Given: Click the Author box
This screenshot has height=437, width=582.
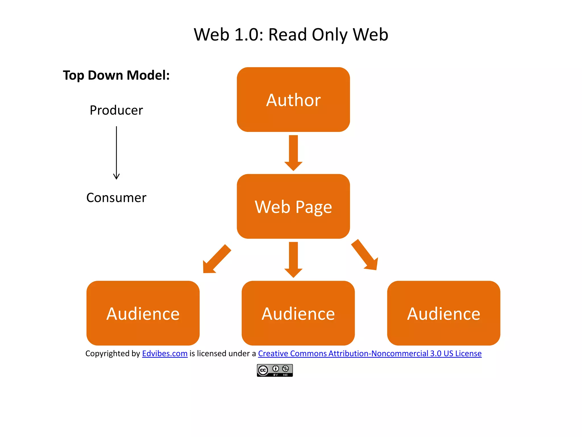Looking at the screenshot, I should click(293, 100).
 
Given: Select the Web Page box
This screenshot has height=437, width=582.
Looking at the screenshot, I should click(293, 206).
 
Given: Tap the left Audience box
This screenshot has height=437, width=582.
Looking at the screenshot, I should click(143, 313).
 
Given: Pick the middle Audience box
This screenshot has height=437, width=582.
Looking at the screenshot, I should click(298, 313).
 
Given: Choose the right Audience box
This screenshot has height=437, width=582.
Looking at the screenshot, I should click(444, 313).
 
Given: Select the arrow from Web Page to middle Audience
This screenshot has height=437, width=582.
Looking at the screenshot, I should click(293, 259).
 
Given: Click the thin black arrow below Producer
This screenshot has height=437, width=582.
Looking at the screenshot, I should click(116, 153).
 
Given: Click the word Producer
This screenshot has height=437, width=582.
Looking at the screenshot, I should click(116, 110).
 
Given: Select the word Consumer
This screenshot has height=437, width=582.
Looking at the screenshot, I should click(116, 197).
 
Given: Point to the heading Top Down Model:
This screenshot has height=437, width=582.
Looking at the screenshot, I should click(116, 75).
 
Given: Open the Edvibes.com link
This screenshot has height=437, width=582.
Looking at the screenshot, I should click(165, 353).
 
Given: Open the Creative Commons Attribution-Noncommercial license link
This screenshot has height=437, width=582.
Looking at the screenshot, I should click(370, 353).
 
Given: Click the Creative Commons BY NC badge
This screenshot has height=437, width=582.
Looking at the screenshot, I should click(275, 370).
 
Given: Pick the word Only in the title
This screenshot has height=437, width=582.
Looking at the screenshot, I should click(329, 35).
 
